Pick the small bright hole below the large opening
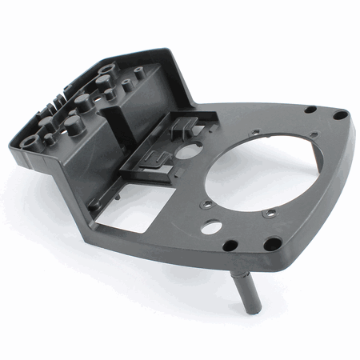pyautogui.click(x=211, y=227)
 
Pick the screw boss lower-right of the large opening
pyautogui.click(x=272, y=213)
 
